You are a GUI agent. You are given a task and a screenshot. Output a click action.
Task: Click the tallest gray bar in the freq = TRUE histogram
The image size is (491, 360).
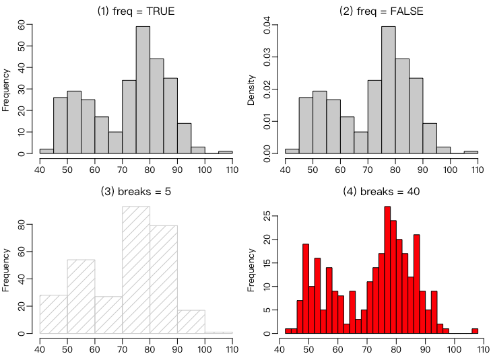(x=143, y=90)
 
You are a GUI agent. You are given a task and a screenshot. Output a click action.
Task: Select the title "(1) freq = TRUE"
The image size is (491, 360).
(x=136, y=11)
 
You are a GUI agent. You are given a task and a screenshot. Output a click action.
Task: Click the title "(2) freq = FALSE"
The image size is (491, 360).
(x=381, y=11)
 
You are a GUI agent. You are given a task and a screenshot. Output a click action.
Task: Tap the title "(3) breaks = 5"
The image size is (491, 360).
(x=136, y=191)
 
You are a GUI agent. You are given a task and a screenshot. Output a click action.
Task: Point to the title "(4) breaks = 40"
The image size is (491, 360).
(x=381, y=191)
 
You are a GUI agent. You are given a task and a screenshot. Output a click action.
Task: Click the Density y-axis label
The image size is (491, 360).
(x=251, y=90)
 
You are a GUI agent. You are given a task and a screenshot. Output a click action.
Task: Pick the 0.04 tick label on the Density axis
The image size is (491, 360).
(x=267, y=25)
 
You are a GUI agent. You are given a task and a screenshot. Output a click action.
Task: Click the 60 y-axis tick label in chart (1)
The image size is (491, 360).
(x=22, y=25)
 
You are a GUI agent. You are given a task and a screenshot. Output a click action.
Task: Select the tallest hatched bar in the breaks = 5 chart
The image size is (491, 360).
(x=136, y=270)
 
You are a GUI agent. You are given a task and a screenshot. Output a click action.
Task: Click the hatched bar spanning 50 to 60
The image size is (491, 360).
(x=81, y=297)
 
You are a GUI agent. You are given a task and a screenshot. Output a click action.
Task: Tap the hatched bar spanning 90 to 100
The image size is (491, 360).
(x=191, y=322)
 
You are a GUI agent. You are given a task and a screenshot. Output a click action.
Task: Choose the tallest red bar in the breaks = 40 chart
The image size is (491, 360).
(x=387, y=270)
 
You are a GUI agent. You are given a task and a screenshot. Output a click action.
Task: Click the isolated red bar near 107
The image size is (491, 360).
(x=475, y=331)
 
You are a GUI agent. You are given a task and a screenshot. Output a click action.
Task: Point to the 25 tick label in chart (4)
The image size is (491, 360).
(x=267, y=216)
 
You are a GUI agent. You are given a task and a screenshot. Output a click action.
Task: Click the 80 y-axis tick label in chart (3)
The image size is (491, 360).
(x=22, y=224)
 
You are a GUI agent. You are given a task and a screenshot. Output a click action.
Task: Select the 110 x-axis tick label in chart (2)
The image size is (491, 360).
(x=478, y=170)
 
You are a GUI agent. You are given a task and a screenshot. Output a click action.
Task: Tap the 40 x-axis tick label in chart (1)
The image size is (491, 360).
(x=40, y=170)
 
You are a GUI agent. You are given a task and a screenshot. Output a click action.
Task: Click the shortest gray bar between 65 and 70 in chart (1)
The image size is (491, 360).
(x=116, y=143)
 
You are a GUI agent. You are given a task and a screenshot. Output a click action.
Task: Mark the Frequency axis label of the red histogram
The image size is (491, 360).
(x=251, y=270)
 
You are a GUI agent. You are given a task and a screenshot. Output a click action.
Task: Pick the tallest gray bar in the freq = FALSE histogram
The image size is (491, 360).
(x=389, y=90)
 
